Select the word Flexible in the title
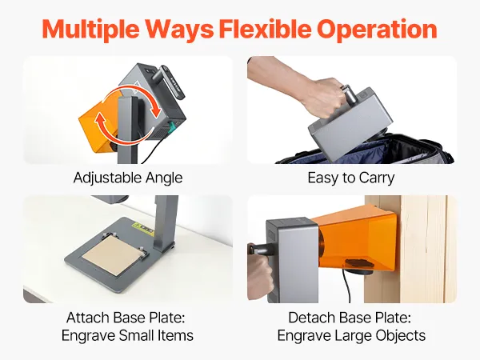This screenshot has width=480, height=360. pos(266,29)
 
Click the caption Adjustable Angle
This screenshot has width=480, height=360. pos(128,178)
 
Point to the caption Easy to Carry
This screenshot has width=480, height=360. pos(351,178)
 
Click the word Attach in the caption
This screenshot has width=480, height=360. pos(87,318)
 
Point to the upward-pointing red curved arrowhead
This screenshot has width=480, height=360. pos(101,116)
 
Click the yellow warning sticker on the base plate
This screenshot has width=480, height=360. pos(142,230)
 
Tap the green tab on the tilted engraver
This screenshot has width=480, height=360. pos(171,127)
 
